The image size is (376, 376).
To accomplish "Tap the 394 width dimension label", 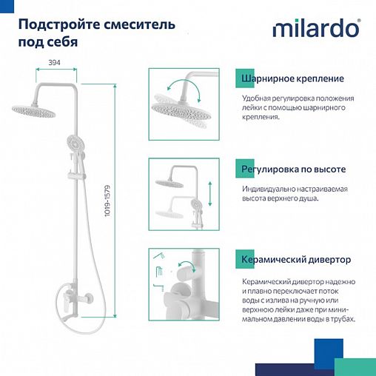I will click(54, 64).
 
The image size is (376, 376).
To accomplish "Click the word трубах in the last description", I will click(340, 319).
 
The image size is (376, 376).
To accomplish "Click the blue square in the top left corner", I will click(6, 6).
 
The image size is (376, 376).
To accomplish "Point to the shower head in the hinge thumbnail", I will click(180, 107).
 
